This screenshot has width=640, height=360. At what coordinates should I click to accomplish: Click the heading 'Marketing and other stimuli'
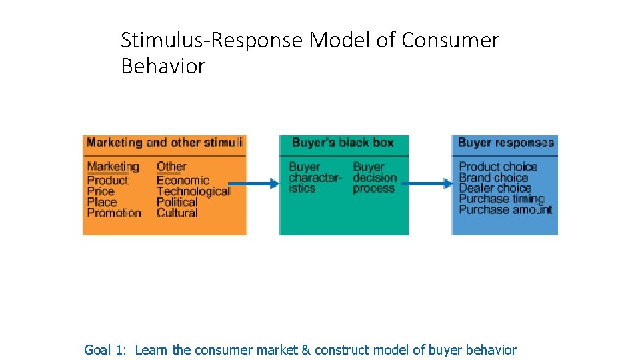(x=164, y=143)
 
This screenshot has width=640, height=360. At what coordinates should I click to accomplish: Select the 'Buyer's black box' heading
(x=343, y=143)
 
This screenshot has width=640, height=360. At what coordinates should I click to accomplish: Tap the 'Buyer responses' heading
(x=505, y=143)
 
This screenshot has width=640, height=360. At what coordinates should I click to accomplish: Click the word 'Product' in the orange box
(x=107, y=180)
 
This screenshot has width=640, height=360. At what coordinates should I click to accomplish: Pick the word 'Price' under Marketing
(x=101, y=191)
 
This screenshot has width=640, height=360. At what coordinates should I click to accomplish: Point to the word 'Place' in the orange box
(x=101, y=202)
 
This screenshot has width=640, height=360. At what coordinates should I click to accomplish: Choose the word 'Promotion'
(x=114, y=213)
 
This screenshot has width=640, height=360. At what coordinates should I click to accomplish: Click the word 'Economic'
(x=182, y=180)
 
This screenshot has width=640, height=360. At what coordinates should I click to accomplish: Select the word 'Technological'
(x=193, y=191)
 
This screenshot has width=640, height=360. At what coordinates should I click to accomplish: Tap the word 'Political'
(x=177, y=202)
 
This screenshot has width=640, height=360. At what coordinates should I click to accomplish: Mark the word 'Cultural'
(x=177, y=213)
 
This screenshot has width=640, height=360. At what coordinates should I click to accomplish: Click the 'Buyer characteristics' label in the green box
(x=314, y=177)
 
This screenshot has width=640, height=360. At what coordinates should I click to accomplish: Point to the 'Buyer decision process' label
(x=374, y=177)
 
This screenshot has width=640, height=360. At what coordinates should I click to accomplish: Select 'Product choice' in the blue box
(x=497, y=167)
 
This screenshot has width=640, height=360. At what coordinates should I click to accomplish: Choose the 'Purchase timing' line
(x=501, y=199)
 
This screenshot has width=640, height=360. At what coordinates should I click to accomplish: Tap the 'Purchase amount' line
(x=505, y=209)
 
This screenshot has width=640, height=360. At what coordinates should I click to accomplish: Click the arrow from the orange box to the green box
(x=253, y=183)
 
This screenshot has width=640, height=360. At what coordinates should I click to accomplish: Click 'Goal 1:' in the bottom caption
(x=106, y=349)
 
